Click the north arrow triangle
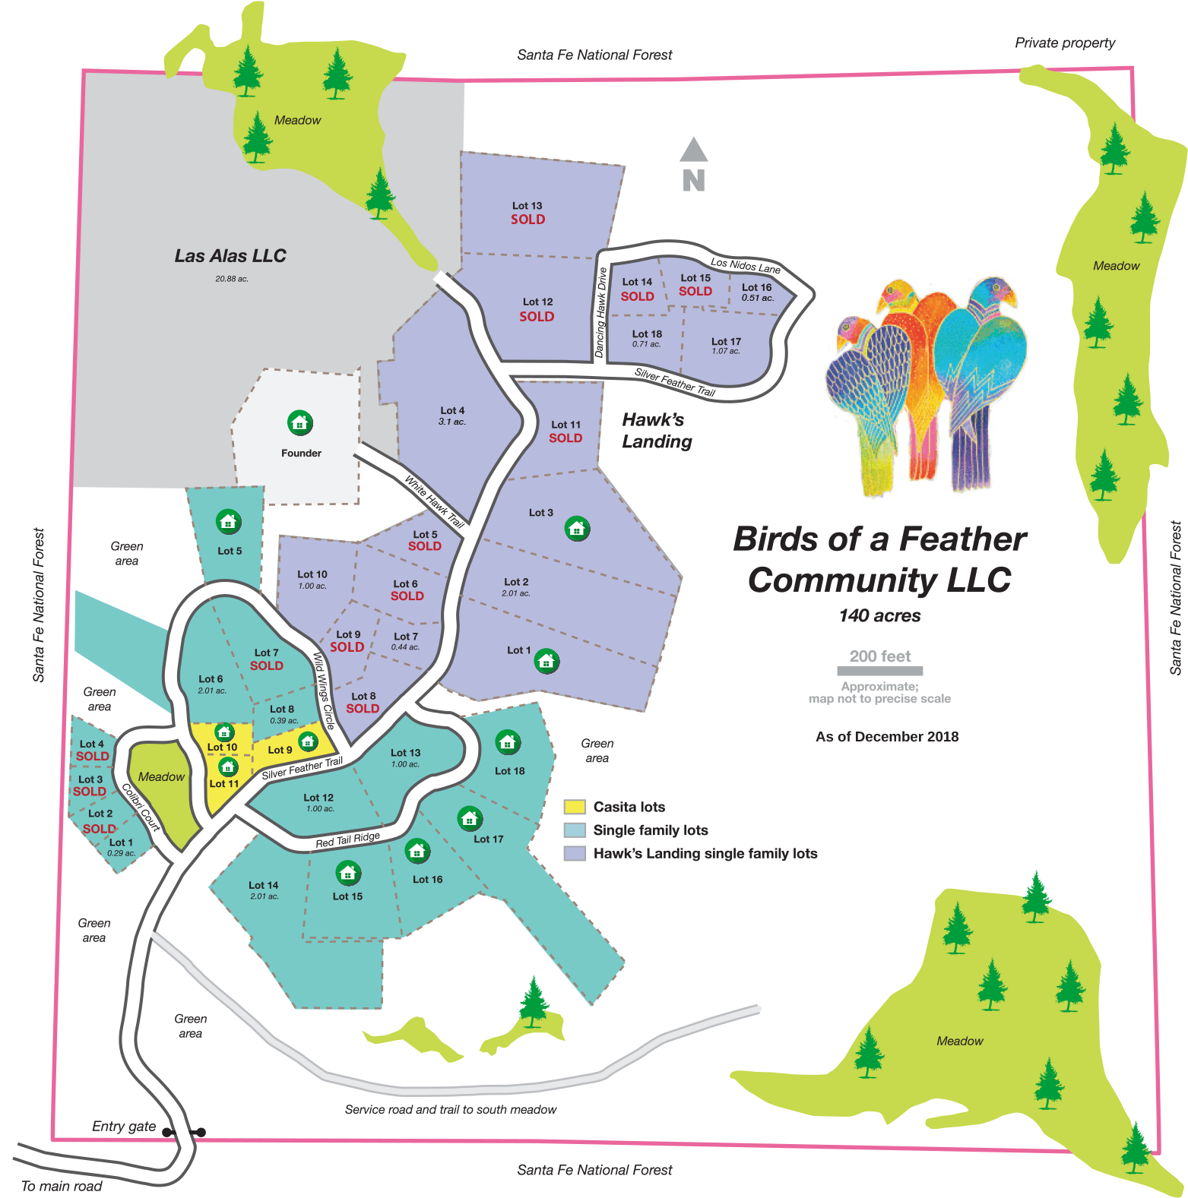tap(693, 150)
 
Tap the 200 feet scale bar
tap(879, 671)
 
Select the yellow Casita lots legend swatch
tap(575, 807)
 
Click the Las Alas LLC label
tap(230, 256)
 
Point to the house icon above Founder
tap(300, 422)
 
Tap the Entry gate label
tap(124, 1126)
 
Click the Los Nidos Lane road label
tap(746, 264)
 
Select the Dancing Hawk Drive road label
tap(600, 312)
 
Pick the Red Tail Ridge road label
tap(347, 839)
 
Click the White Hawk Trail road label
tap(434, 502)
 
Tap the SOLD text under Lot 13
tap(527, 220)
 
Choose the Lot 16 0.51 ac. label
tap(757, 292)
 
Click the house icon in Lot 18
tap(508, 741)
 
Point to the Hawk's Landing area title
tap(657, 430)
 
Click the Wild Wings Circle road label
tap(324, 690)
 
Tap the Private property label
tap(1065, 43)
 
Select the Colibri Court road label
tap(141, 808)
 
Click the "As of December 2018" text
tap(887, 736)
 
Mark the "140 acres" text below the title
tap(879, 616)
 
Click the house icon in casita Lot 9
tap(308, 741)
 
